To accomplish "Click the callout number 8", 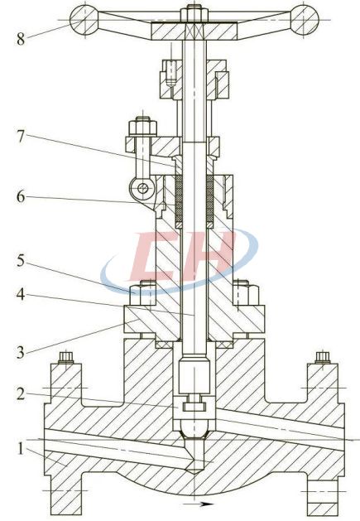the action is point(21,39).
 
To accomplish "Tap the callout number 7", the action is point(21,137).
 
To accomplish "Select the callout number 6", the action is point(21,196).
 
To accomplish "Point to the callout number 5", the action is point(21,261).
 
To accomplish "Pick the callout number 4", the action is point(21,294).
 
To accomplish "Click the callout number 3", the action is point(21,352).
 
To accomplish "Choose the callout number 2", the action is point(21,394).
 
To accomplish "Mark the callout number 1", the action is point(21,449).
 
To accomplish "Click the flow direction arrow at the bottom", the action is point(198,504).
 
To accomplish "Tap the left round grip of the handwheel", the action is point(84,20).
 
